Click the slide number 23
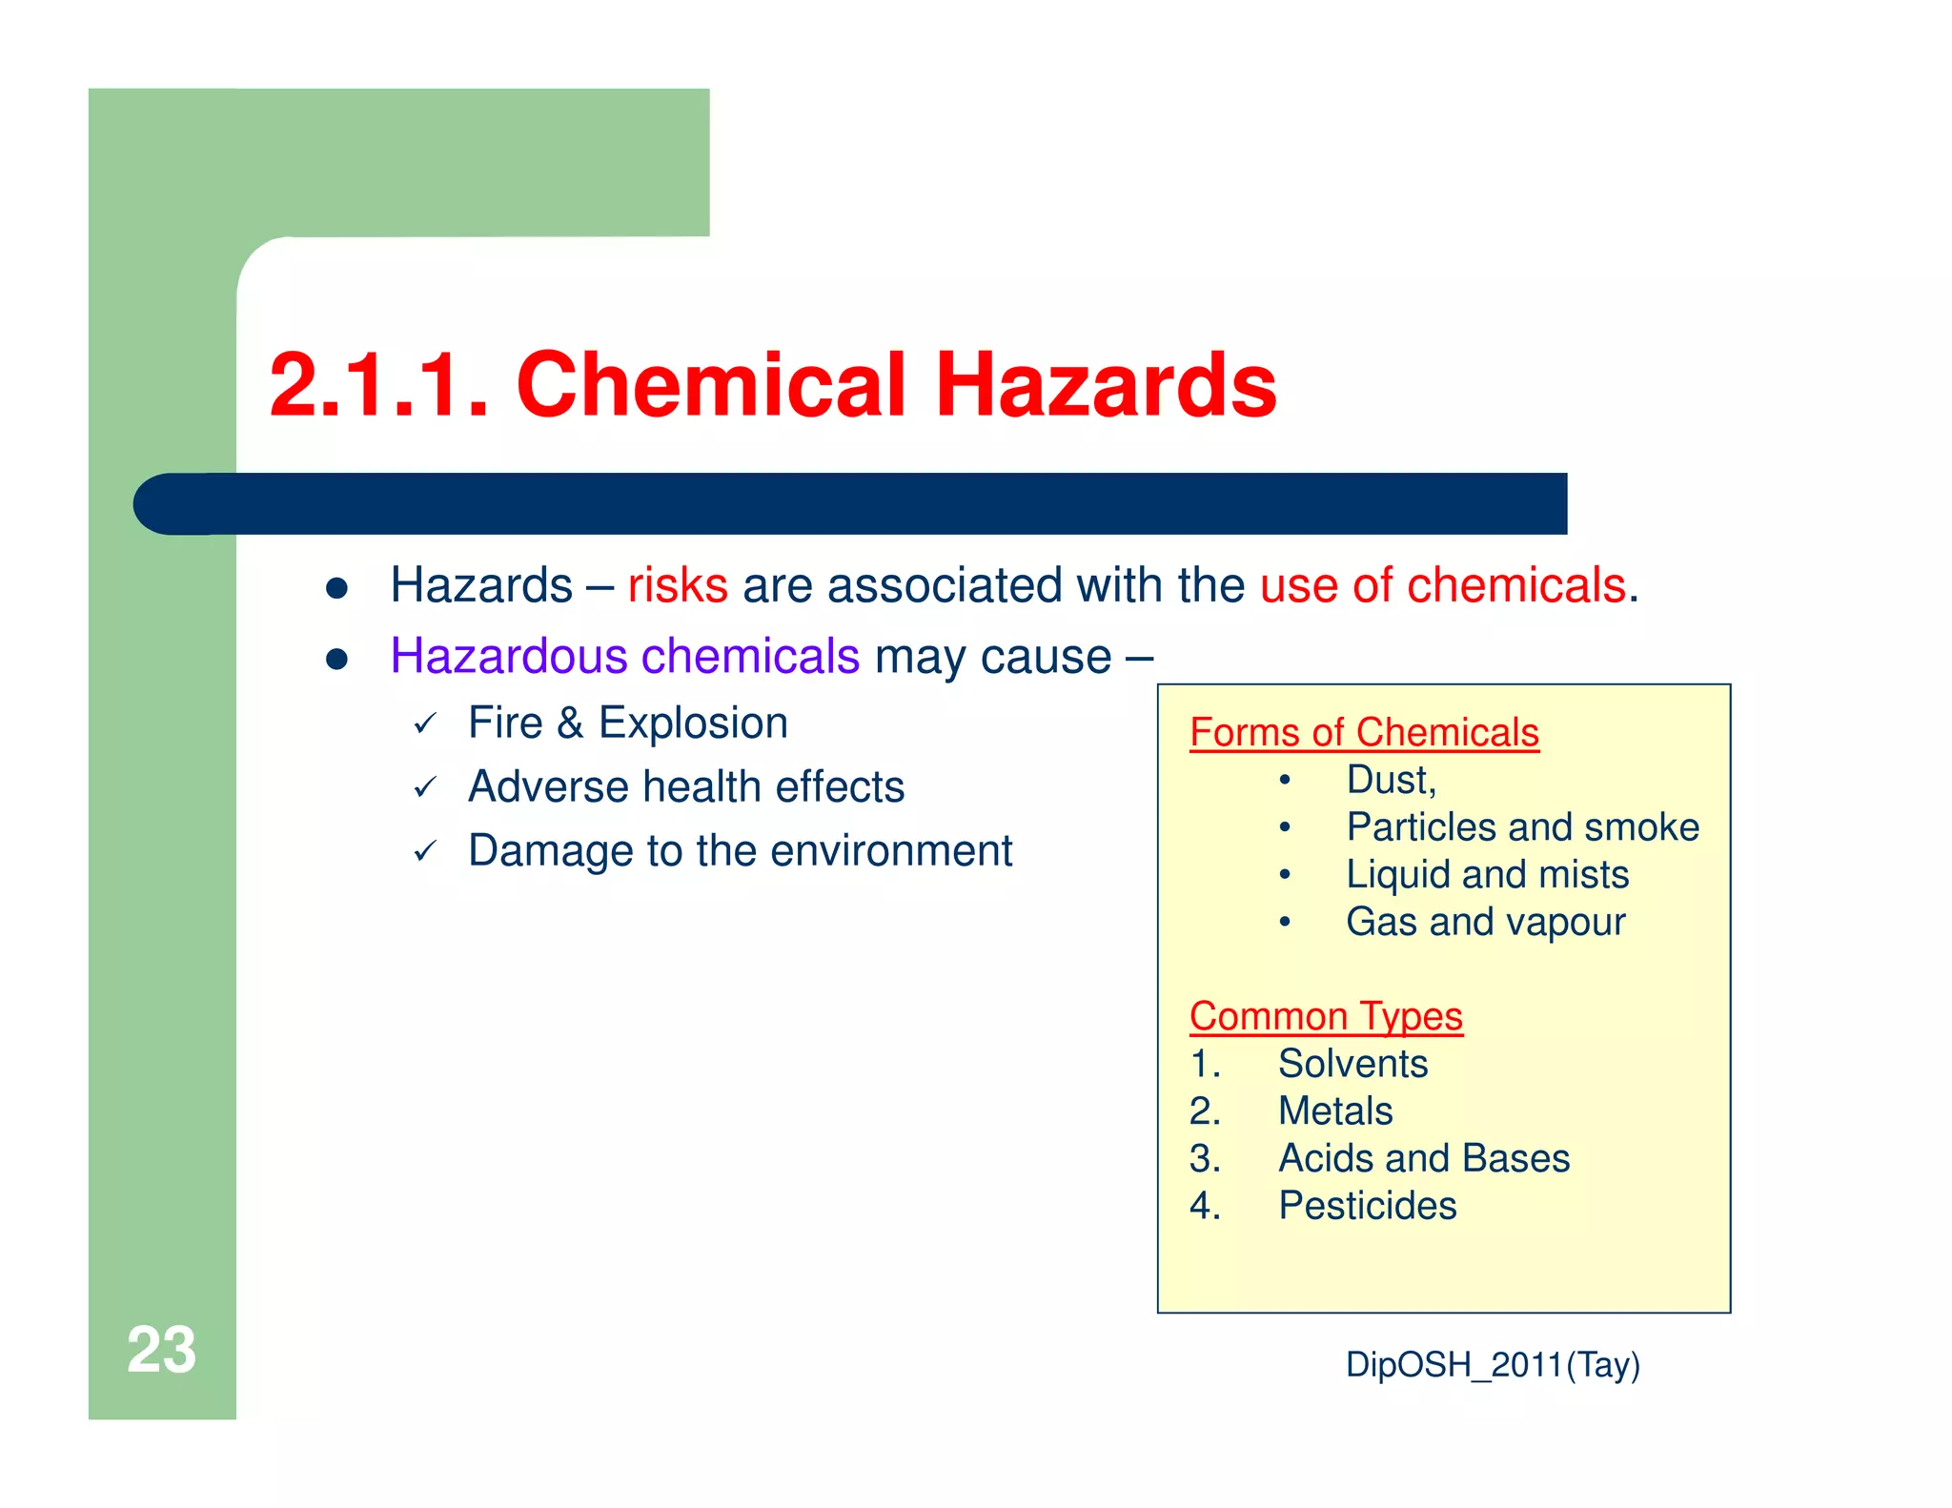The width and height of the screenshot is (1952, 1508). point(161,1350)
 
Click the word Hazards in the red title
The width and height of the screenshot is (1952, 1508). point(1106,385)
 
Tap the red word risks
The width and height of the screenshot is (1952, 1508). point(678,585)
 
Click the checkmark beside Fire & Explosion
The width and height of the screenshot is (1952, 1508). point(425,723)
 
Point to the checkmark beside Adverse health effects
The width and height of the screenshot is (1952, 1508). point(425,787)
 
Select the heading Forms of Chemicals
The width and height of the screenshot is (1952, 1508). point(1364,733)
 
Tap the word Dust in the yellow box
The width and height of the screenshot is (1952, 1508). point(1387,781)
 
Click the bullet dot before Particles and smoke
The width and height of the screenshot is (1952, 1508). point(1285,827)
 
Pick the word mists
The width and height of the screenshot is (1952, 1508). point(1583,875)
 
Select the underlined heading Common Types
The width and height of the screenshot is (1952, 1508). point(1326,1016)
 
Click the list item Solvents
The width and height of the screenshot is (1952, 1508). point(1352,1064)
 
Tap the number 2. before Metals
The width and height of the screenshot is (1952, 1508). point(1204,1111)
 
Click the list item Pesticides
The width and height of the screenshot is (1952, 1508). point(1367,1206)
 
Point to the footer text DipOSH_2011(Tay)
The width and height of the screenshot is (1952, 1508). point(1493,1365)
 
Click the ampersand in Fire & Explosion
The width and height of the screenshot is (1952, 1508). point(570,723)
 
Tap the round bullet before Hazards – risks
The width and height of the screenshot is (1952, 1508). point(335,588)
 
